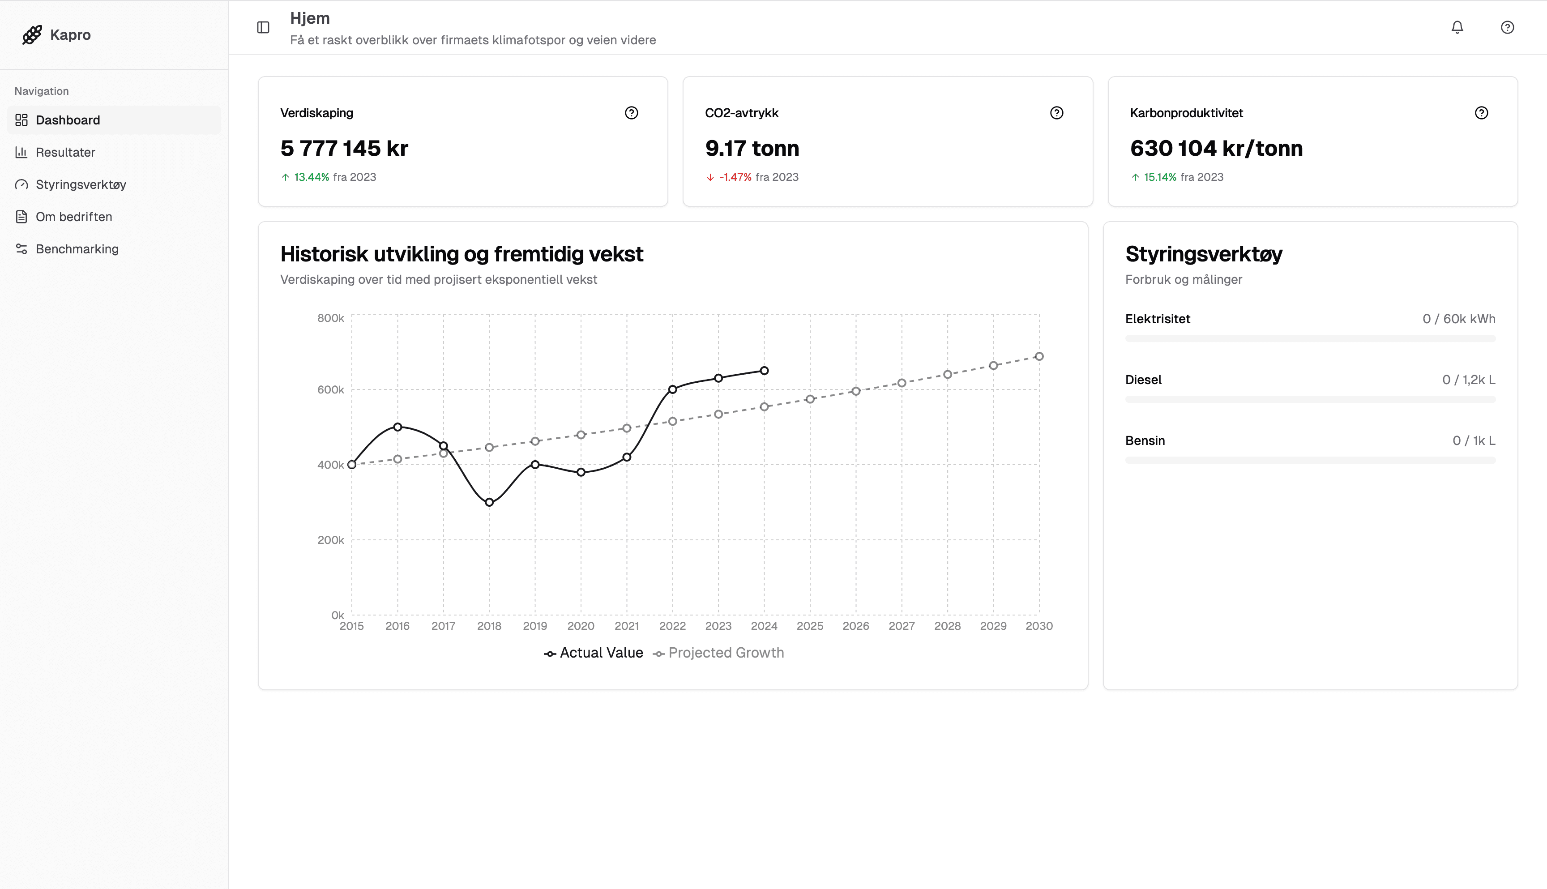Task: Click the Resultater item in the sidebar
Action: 65,152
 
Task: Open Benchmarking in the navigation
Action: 77,249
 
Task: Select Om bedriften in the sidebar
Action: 74,217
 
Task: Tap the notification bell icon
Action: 1457,27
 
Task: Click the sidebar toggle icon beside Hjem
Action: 263,27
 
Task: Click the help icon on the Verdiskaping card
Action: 631,113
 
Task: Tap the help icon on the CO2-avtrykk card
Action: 1056,113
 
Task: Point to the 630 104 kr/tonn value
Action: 1216,148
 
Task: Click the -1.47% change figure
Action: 735,177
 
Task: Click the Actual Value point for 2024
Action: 764,371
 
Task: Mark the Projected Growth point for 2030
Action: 1039,357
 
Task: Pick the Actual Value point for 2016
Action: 397,427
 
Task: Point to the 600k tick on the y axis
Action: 330,389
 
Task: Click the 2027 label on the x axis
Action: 901,626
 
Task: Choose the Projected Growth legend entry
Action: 725,653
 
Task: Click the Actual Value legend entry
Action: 601,653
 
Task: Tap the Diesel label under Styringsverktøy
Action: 1143,380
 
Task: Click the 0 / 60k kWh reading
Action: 1458,319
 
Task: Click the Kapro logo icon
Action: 32,35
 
